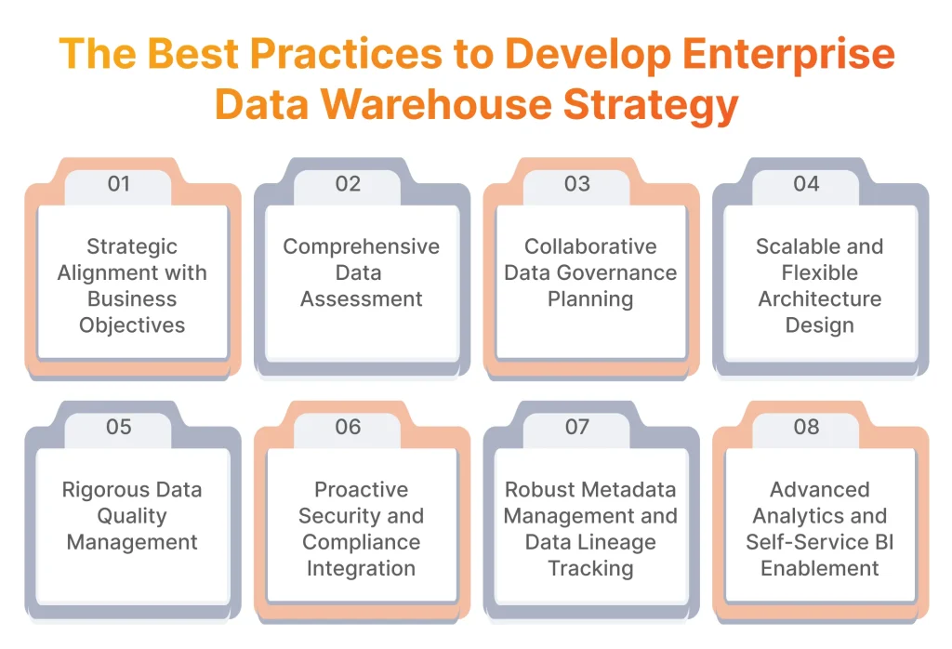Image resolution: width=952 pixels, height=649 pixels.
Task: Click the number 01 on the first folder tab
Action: tap(118, 183)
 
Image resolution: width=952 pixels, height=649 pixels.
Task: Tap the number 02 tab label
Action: tap(348, 183)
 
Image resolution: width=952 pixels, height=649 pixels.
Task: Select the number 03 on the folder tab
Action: tap(576, 183)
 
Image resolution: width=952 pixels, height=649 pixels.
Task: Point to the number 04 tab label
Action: tap(806, 183)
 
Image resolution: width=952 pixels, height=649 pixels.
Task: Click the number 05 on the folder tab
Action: tap(118, 427)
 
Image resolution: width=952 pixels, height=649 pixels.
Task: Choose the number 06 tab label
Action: tap(348, 427)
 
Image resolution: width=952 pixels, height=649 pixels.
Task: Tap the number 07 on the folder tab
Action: tap(576, 427)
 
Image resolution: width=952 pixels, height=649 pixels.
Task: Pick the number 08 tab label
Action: tap(806, 427)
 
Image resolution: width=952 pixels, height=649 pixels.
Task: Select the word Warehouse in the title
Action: tap(436, 104)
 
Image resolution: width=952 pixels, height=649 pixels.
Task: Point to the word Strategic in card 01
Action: tap(132, 247)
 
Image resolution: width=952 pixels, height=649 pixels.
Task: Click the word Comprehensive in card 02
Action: tap(362, 247)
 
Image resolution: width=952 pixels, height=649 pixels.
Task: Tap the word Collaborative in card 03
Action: tap(590, 246)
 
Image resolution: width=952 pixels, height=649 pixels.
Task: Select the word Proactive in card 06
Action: tap(362, 489)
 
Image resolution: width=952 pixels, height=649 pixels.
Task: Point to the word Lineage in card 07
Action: tap(620, 543)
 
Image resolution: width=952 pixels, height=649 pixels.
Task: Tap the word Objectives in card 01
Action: tap(132, 326)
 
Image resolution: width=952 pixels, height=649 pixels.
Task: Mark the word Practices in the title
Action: tap(346, 54)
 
